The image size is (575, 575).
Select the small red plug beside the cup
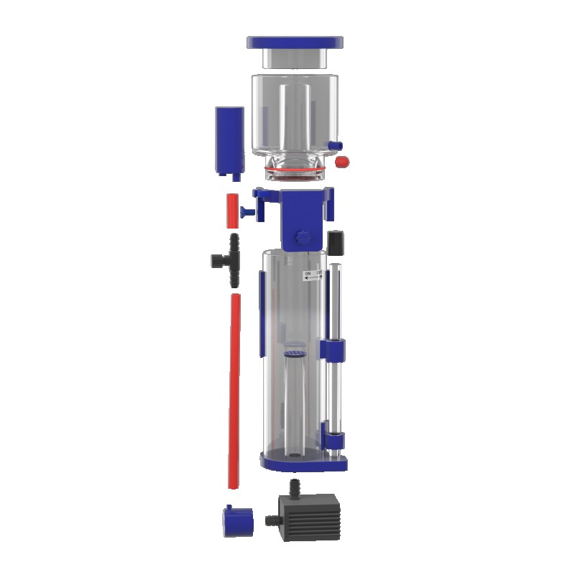point(342,162)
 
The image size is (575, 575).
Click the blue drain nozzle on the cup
point(333,145)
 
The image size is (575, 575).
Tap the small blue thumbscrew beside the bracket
point(248,211)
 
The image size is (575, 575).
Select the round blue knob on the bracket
point(302,236)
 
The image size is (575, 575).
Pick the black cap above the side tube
point(335,241)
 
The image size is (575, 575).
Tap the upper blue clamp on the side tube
point(335,351)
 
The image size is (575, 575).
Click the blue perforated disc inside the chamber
point(295,354)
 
